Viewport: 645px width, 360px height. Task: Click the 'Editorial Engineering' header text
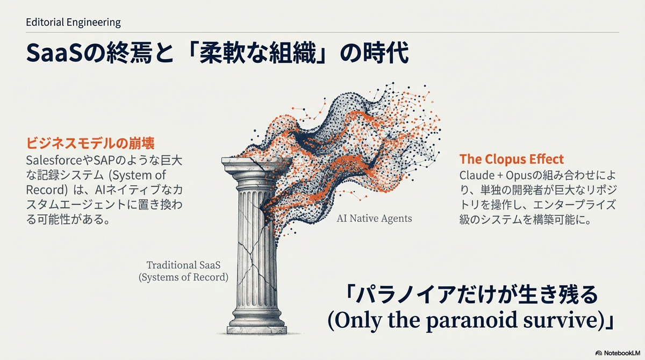[x=73, y=23]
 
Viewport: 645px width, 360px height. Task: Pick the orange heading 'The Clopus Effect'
[x=511, y=160]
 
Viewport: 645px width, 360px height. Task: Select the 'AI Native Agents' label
[x=374, y=219]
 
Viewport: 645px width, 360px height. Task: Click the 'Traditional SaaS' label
[x=183, y=265]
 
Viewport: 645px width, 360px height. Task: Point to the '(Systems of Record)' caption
[x=183, y=278]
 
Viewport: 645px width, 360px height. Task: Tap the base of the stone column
[x=256, y=322]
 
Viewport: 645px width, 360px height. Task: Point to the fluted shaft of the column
[x=253, y=242]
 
